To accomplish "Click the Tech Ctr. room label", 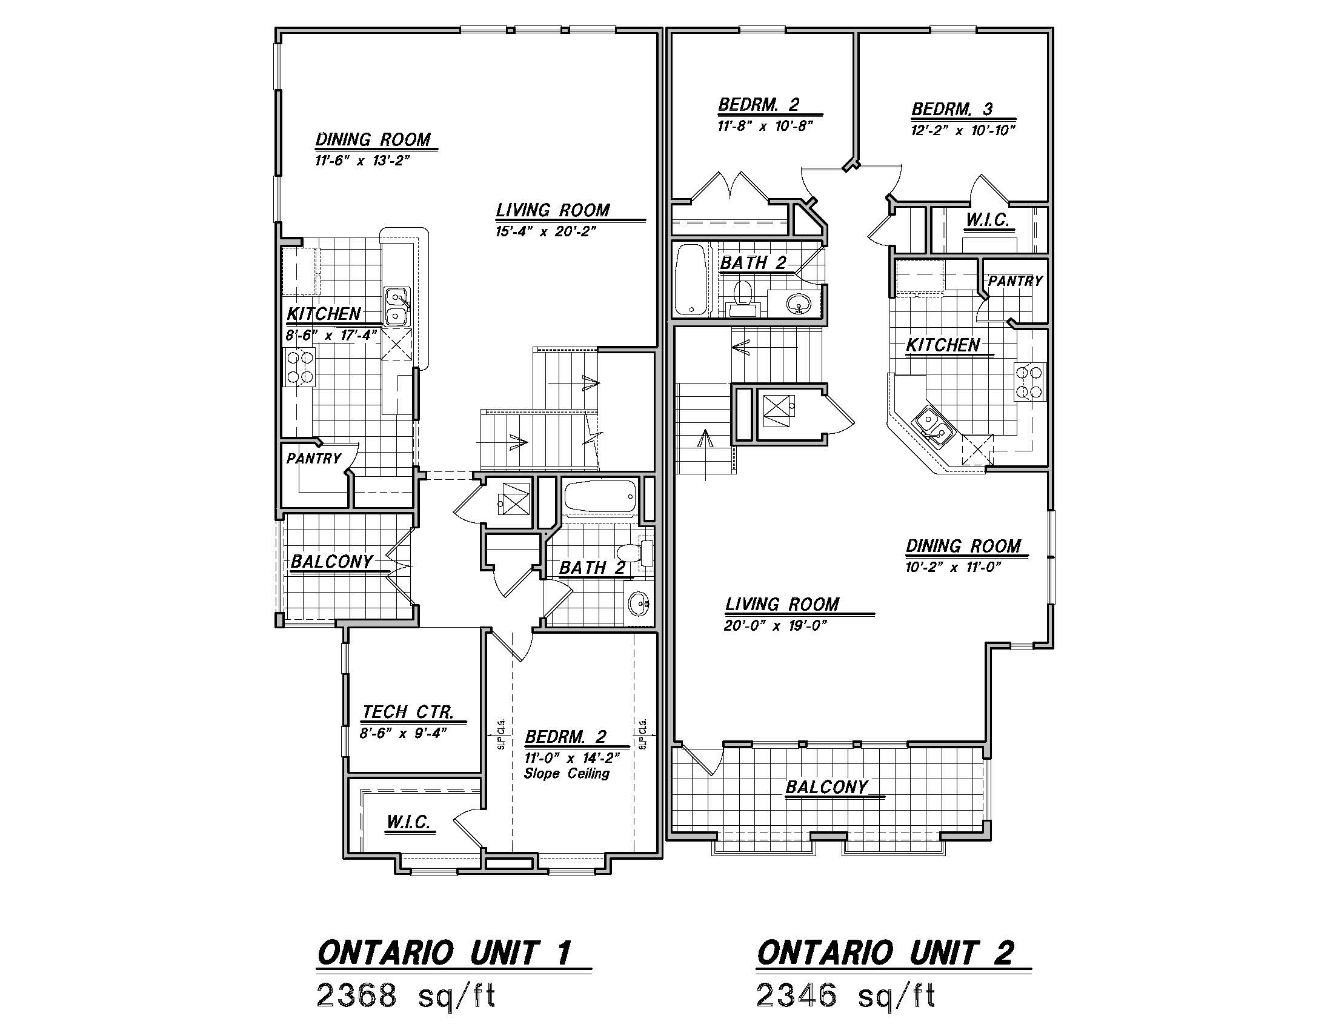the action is coord(408,712).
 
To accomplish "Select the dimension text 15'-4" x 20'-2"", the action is coord(546,231).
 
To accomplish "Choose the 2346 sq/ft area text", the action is coord(845,997).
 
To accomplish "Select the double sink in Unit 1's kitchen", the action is coord(397,306).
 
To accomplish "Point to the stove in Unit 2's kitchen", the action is coord(1030,381).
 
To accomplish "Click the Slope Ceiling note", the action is coord(567,774).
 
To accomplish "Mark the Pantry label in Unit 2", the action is coord(1015,281).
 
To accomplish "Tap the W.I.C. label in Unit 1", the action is coord(408,822).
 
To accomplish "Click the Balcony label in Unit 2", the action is coord(826,787).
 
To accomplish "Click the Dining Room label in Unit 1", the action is coord(373,140).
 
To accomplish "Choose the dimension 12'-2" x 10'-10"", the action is coord(963,130).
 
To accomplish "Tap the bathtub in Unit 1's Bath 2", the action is coord(600,496).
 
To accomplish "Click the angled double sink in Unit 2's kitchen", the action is coord(932,426).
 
